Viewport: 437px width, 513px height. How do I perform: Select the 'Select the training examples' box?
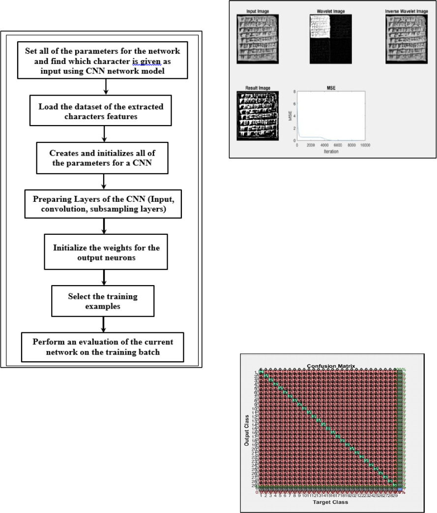click(103, 302)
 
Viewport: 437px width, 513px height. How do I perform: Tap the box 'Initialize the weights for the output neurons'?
click(107, 253)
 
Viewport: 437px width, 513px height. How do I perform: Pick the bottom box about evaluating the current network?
click(103, 347)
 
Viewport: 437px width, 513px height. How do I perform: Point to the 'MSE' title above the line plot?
click(330, 88)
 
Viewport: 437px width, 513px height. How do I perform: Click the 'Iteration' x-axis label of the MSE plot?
click(330, 152)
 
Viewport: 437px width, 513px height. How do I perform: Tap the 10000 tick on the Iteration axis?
click(365, 146)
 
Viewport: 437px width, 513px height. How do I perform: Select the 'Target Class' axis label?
click(330, 502)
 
